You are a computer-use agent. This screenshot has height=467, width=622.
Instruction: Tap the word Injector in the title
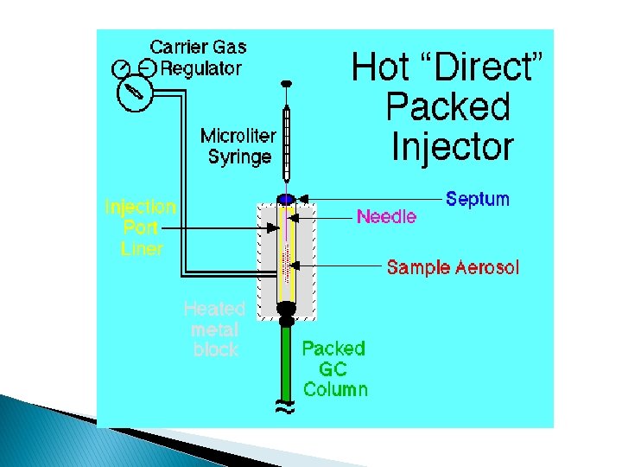452,146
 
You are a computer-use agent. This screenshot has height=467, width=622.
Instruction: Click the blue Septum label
478,199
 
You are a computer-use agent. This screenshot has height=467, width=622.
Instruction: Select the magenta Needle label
386,216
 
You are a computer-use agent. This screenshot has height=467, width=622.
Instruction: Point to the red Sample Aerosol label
453,267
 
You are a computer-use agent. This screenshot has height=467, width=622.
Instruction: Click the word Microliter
238,136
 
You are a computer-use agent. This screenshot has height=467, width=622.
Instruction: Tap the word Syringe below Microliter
239,157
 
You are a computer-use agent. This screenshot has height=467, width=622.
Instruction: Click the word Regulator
202,68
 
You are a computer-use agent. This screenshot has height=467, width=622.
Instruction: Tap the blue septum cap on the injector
287,199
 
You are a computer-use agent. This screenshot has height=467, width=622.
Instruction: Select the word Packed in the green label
333,349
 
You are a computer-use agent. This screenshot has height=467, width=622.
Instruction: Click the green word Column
335,389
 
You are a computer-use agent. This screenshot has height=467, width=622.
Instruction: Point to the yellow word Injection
140,208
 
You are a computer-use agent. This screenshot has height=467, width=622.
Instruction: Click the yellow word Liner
141,248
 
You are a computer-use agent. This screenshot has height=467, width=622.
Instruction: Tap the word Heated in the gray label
214,309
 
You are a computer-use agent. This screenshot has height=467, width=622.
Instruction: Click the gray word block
214,349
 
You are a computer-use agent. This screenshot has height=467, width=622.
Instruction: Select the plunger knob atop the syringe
288,84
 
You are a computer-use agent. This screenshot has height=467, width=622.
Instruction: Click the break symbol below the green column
286,407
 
